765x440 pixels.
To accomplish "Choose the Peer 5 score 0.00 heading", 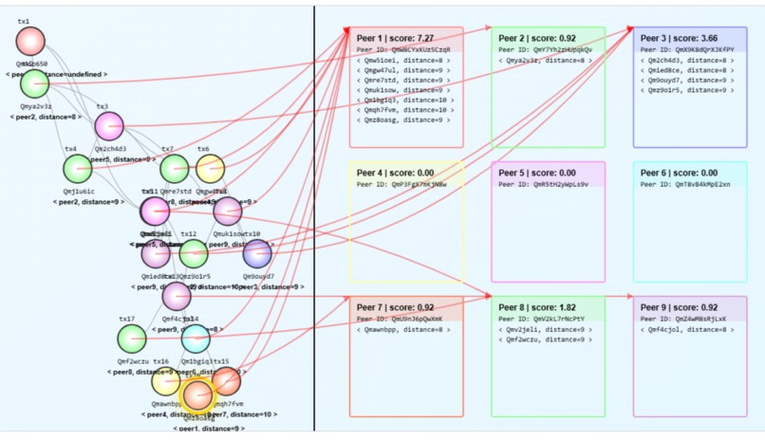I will tap(532, 173).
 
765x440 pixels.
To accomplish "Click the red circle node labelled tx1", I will tap(30, 41).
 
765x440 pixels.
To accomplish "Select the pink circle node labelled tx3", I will tap(109, 125).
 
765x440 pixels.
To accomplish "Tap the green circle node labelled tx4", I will tap(78, 169).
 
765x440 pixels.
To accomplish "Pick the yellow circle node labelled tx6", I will tap(210, 169).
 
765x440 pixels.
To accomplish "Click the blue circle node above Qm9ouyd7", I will tap(257, 253).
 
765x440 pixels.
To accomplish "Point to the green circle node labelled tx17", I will tap(132, 338).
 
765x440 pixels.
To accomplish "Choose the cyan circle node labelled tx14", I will tap(196, 338).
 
